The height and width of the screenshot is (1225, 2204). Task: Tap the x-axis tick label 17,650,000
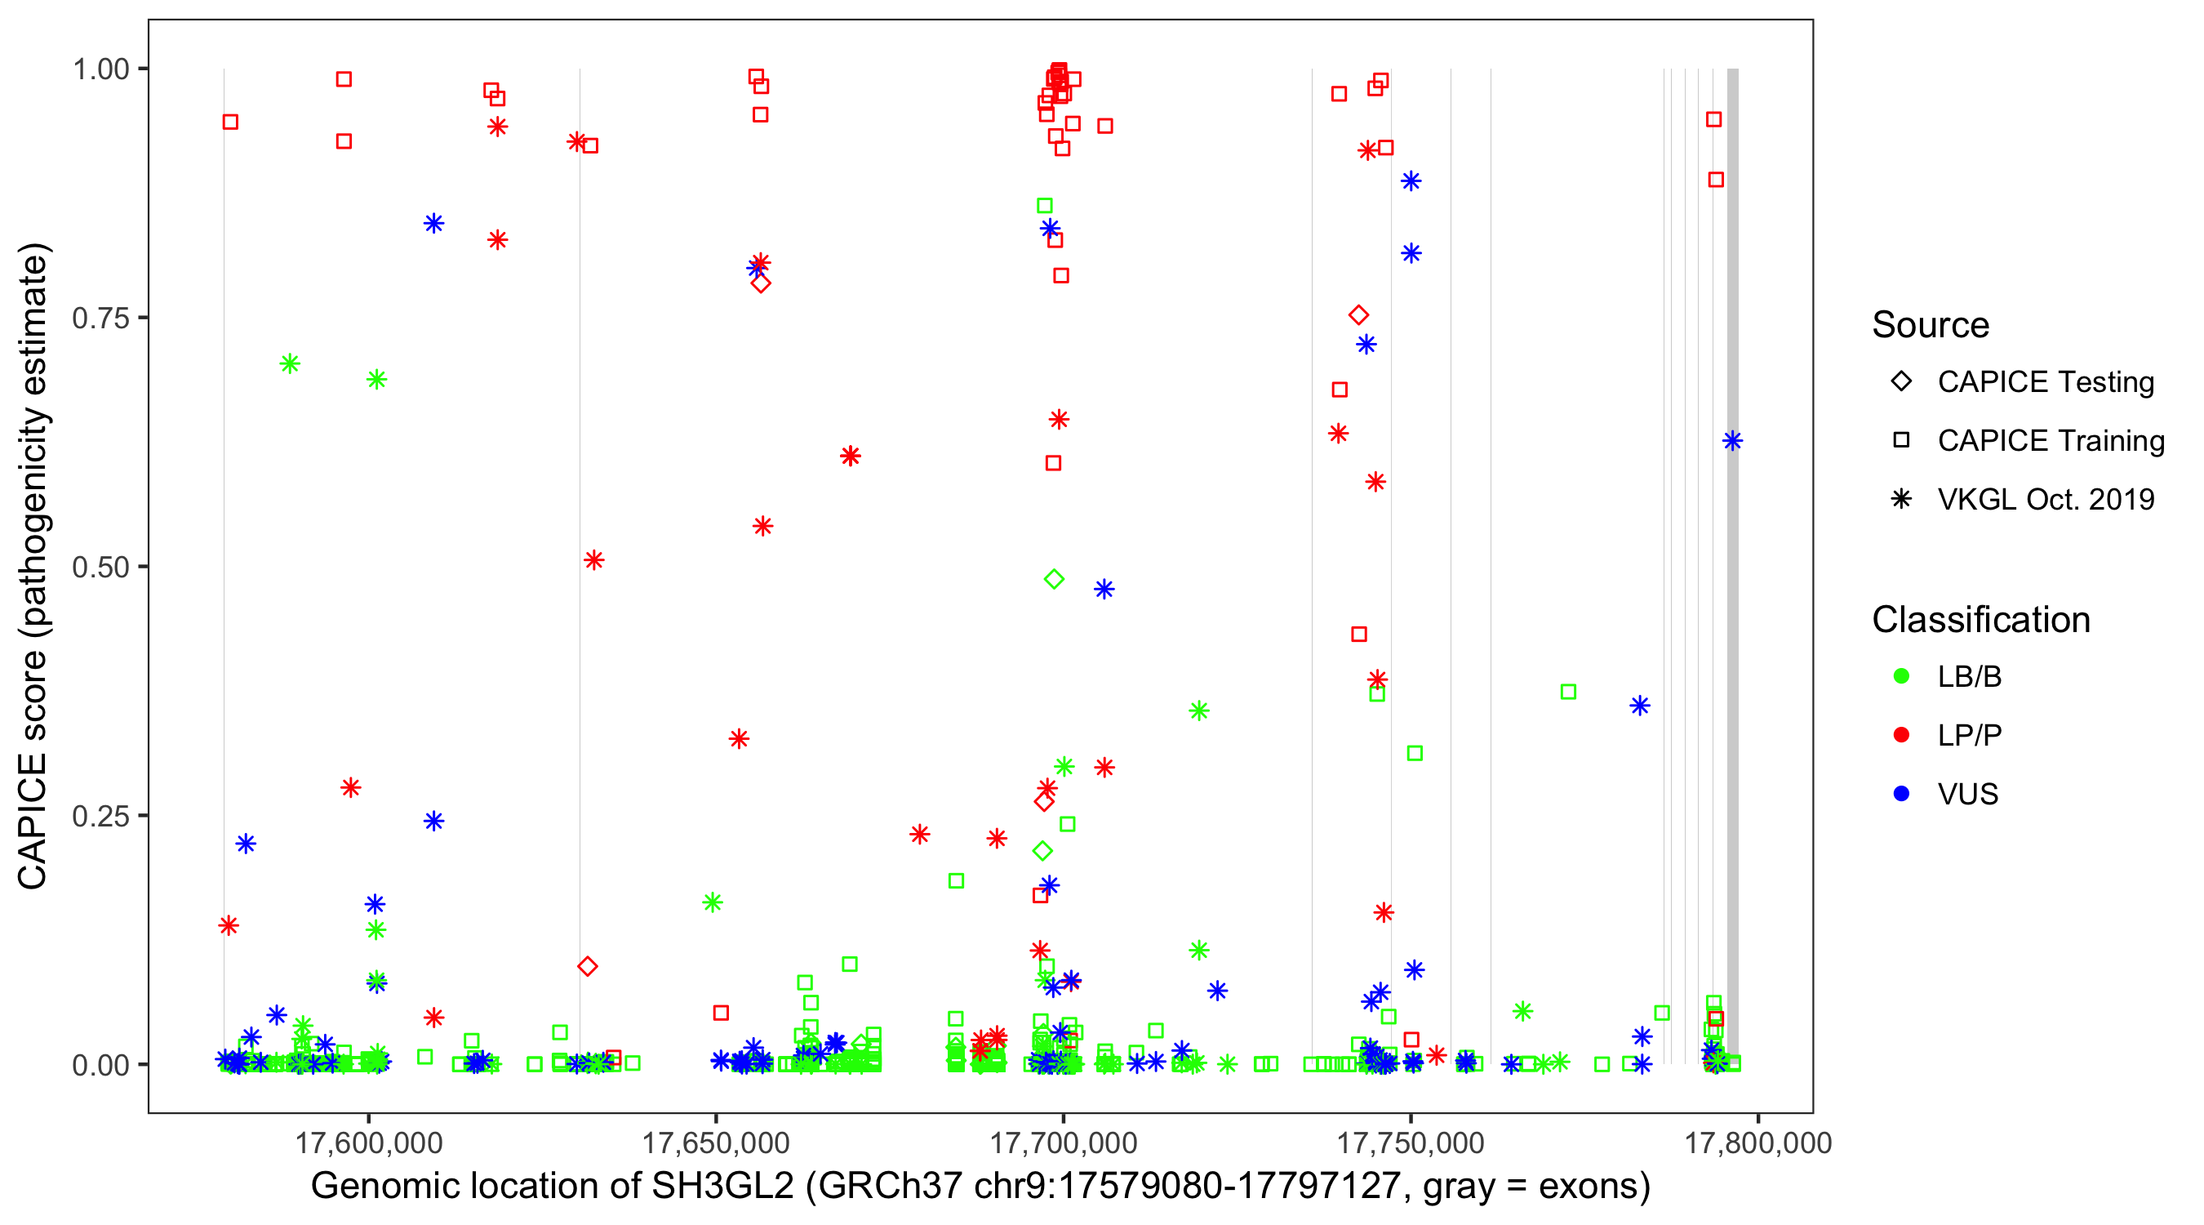click(x=715, y=1143)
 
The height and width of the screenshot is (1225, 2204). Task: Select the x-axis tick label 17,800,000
click(x=1757, y=1143)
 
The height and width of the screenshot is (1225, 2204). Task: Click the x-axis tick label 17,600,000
click(x=368, y=1143)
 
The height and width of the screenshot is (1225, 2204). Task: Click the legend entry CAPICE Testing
click(x=2045, y=382)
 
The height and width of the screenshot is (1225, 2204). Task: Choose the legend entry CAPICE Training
click(x=2050, y=441)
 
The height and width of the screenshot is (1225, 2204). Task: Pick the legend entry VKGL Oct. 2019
click(x=2045, y=499)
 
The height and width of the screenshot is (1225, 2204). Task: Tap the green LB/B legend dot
click(x=1901, y=676)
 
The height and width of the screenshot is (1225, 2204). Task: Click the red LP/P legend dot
click(x=1901, y=735)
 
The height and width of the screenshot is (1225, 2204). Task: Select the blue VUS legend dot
click(x=1901, y=794)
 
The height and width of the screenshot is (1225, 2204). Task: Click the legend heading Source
click(x=1931, y=325)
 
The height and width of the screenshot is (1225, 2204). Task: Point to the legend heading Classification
click(x=1980, y=620)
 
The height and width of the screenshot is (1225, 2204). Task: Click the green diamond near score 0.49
click(x=1054, y=580)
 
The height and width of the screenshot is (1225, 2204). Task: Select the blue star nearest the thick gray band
click(x=1732, y=441)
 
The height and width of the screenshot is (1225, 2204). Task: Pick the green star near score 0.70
click(x=290, y=363)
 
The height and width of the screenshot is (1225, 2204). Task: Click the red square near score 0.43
click(x=1358, y=635)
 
